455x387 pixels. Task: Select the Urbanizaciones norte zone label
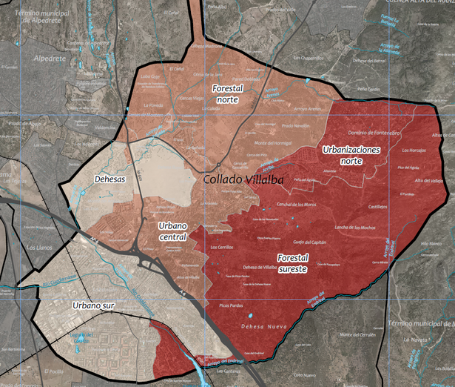click(x=351, y=154)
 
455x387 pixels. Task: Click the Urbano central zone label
click(x=172, y=232)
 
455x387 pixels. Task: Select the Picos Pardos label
click(x=232, y=304)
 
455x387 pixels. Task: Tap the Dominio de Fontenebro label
click(x=374, y=132)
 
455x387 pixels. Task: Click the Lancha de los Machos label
click(x=357, y=227)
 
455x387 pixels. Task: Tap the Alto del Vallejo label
click(x=428, y=181)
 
